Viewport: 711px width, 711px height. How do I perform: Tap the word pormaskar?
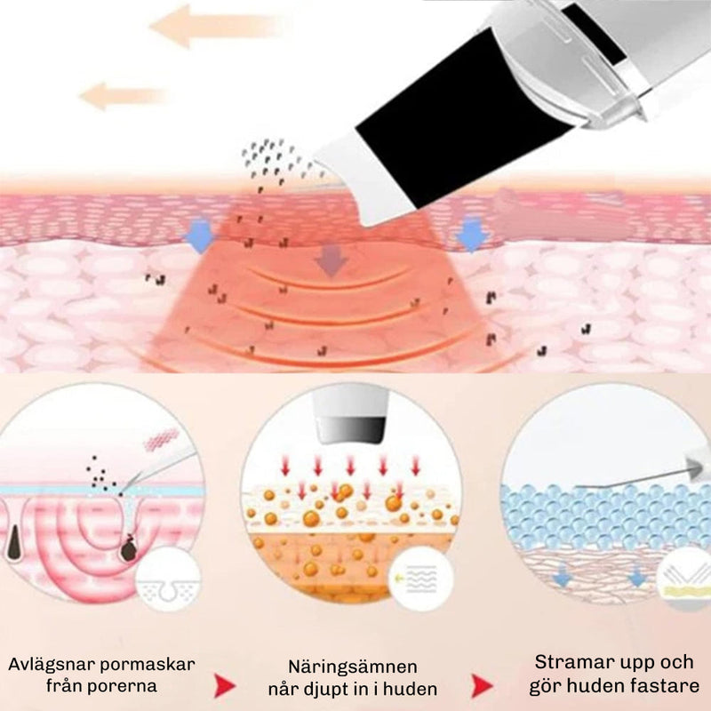(148, 666)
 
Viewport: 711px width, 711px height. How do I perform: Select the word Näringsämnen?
(353, 667)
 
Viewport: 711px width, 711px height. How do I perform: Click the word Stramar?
(570, 662)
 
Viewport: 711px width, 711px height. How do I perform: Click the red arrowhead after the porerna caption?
(225, 685)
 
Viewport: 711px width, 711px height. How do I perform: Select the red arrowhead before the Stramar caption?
(483, 685)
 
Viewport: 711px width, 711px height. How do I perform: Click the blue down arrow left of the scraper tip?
(201, 236)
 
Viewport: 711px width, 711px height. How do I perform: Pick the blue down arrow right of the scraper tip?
(473, 235)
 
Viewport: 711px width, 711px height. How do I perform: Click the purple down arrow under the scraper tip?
(332, 260)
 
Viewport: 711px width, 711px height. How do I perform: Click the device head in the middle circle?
(351, 416)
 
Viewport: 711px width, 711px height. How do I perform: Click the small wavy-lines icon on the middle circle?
(420, 579)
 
